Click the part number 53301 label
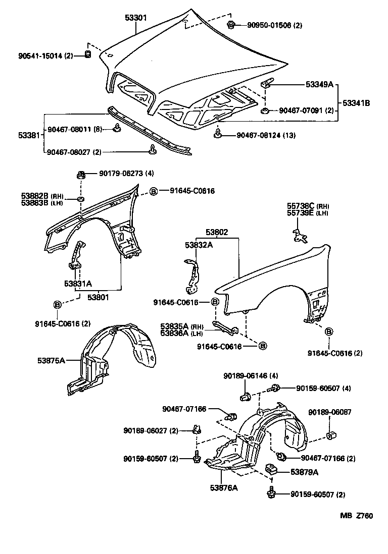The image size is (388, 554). tap(136, 18)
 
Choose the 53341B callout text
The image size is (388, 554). tap(357, 103)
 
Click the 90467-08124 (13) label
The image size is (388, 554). tap(266, 135)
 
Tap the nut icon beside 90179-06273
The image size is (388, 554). tap(80, 175)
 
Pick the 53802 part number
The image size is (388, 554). tap(217, 233)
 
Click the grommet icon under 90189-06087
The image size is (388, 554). tap(331, 435)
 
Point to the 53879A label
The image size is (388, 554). tap(304, 472)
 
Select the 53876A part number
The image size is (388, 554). tap(228, 487)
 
